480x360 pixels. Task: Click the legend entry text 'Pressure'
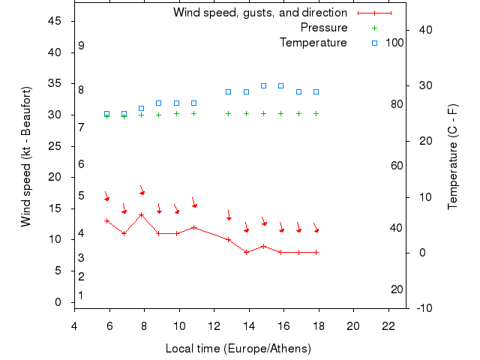point(324,28)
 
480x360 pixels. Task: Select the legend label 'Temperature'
point(313,43)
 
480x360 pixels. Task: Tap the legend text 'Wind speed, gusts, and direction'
point(260,13)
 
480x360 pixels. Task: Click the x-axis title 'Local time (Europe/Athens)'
point(238,349)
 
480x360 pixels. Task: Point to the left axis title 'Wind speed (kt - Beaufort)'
point(25,157)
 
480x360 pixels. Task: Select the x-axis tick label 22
point(388,325)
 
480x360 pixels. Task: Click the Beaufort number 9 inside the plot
point(81,46)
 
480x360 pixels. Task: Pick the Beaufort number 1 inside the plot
point(81,295)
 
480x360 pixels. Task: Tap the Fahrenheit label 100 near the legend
point(394,43)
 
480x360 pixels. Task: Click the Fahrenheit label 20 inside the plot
point(397,289)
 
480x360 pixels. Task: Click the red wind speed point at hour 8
point(142,215)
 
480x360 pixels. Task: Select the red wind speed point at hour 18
point(316,252)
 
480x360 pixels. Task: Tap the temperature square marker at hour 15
point(263,85)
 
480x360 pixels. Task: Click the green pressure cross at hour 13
point(229,114)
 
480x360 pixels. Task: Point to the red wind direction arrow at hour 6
point(106,196)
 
